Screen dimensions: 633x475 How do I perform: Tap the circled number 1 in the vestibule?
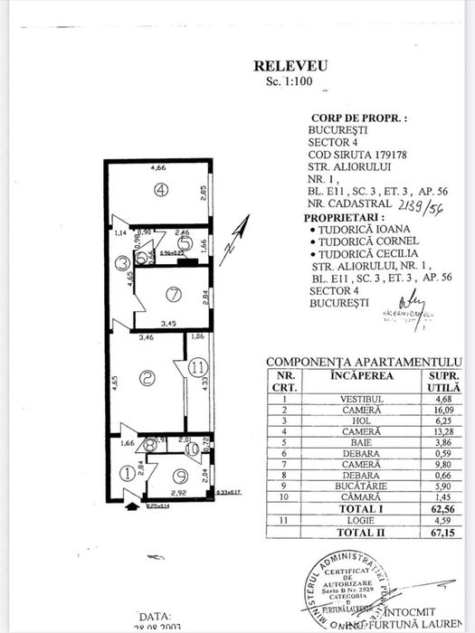pyautogui.click(x=128, y=471)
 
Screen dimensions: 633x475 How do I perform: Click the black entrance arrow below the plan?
pyautogui.click(x=135, y=494)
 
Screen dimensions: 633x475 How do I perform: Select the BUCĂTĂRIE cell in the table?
pyautogui.click(x=347, y=509)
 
